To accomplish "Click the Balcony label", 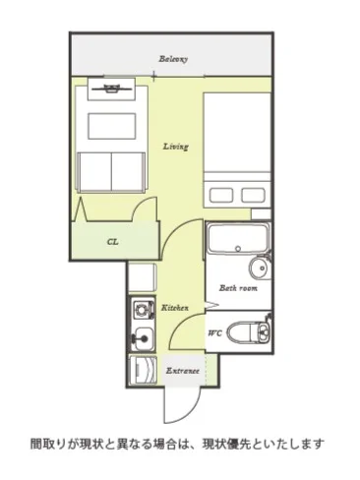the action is coord(173,59).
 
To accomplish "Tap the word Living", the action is coord(176,147).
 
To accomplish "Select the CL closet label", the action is coord(112,242).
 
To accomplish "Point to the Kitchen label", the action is coord(175,308).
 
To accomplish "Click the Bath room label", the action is coord(238,288).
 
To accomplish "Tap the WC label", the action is coord(215,333).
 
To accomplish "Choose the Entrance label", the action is coord(183,371).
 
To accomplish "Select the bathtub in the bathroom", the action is coord(238,238).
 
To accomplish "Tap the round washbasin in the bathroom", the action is coord(260,268).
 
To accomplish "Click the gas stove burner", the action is coord(143,309).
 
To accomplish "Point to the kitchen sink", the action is coord(144,338).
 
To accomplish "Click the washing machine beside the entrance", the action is coord(143,370).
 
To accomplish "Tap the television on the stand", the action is coord(112,88).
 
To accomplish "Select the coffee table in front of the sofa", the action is coord(112,126).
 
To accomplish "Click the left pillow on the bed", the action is coord(221,196).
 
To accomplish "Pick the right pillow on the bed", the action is coord(253,196).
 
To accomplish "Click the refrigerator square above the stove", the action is coord(142,277).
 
